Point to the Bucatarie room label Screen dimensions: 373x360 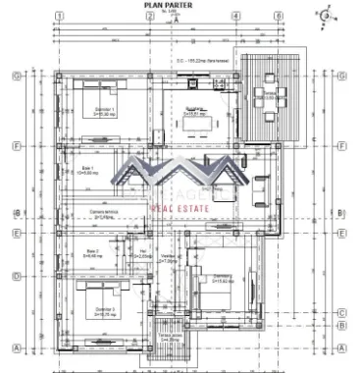coord(194,111)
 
